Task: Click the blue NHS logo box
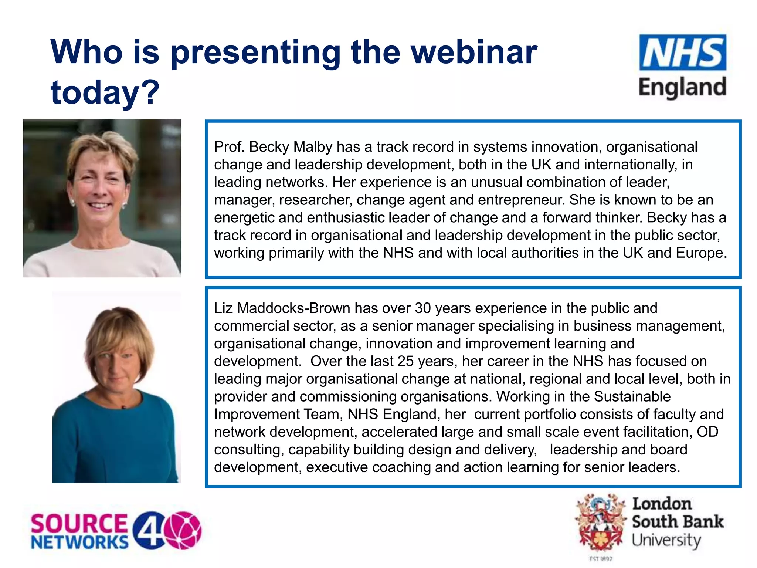pos(682,53)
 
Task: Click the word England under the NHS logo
pos(682,88)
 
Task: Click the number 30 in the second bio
pos(423,308)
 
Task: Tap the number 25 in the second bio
pos(405,361)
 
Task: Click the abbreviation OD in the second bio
pos(707,432)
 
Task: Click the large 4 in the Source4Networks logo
pos(148,530)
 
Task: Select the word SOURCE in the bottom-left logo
pos(79,524)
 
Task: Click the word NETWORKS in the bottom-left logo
pos(79,542)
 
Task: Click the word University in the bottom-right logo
pos(666,540)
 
